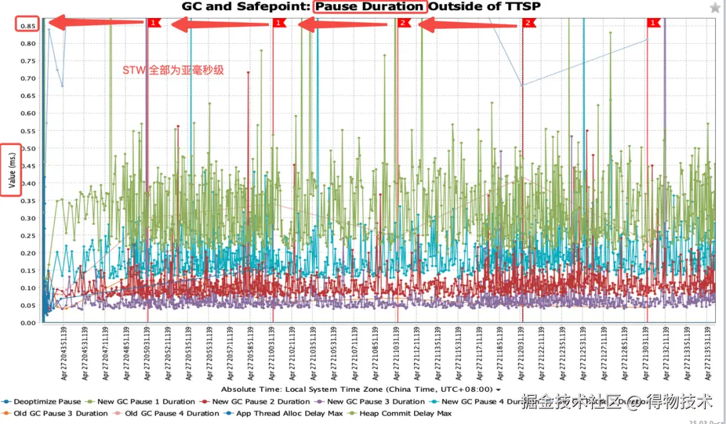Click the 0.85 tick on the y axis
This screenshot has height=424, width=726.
28,26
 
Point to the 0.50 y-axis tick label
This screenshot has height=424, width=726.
28,148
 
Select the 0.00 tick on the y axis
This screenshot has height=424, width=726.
28,323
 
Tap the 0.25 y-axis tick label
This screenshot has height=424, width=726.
28,235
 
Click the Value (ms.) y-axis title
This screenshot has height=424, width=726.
11,169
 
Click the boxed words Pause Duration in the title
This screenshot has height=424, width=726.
370,7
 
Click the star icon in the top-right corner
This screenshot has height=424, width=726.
715,7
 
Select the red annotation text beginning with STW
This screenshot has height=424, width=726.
173,70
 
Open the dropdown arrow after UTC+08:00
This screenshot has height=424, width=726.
498,390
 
